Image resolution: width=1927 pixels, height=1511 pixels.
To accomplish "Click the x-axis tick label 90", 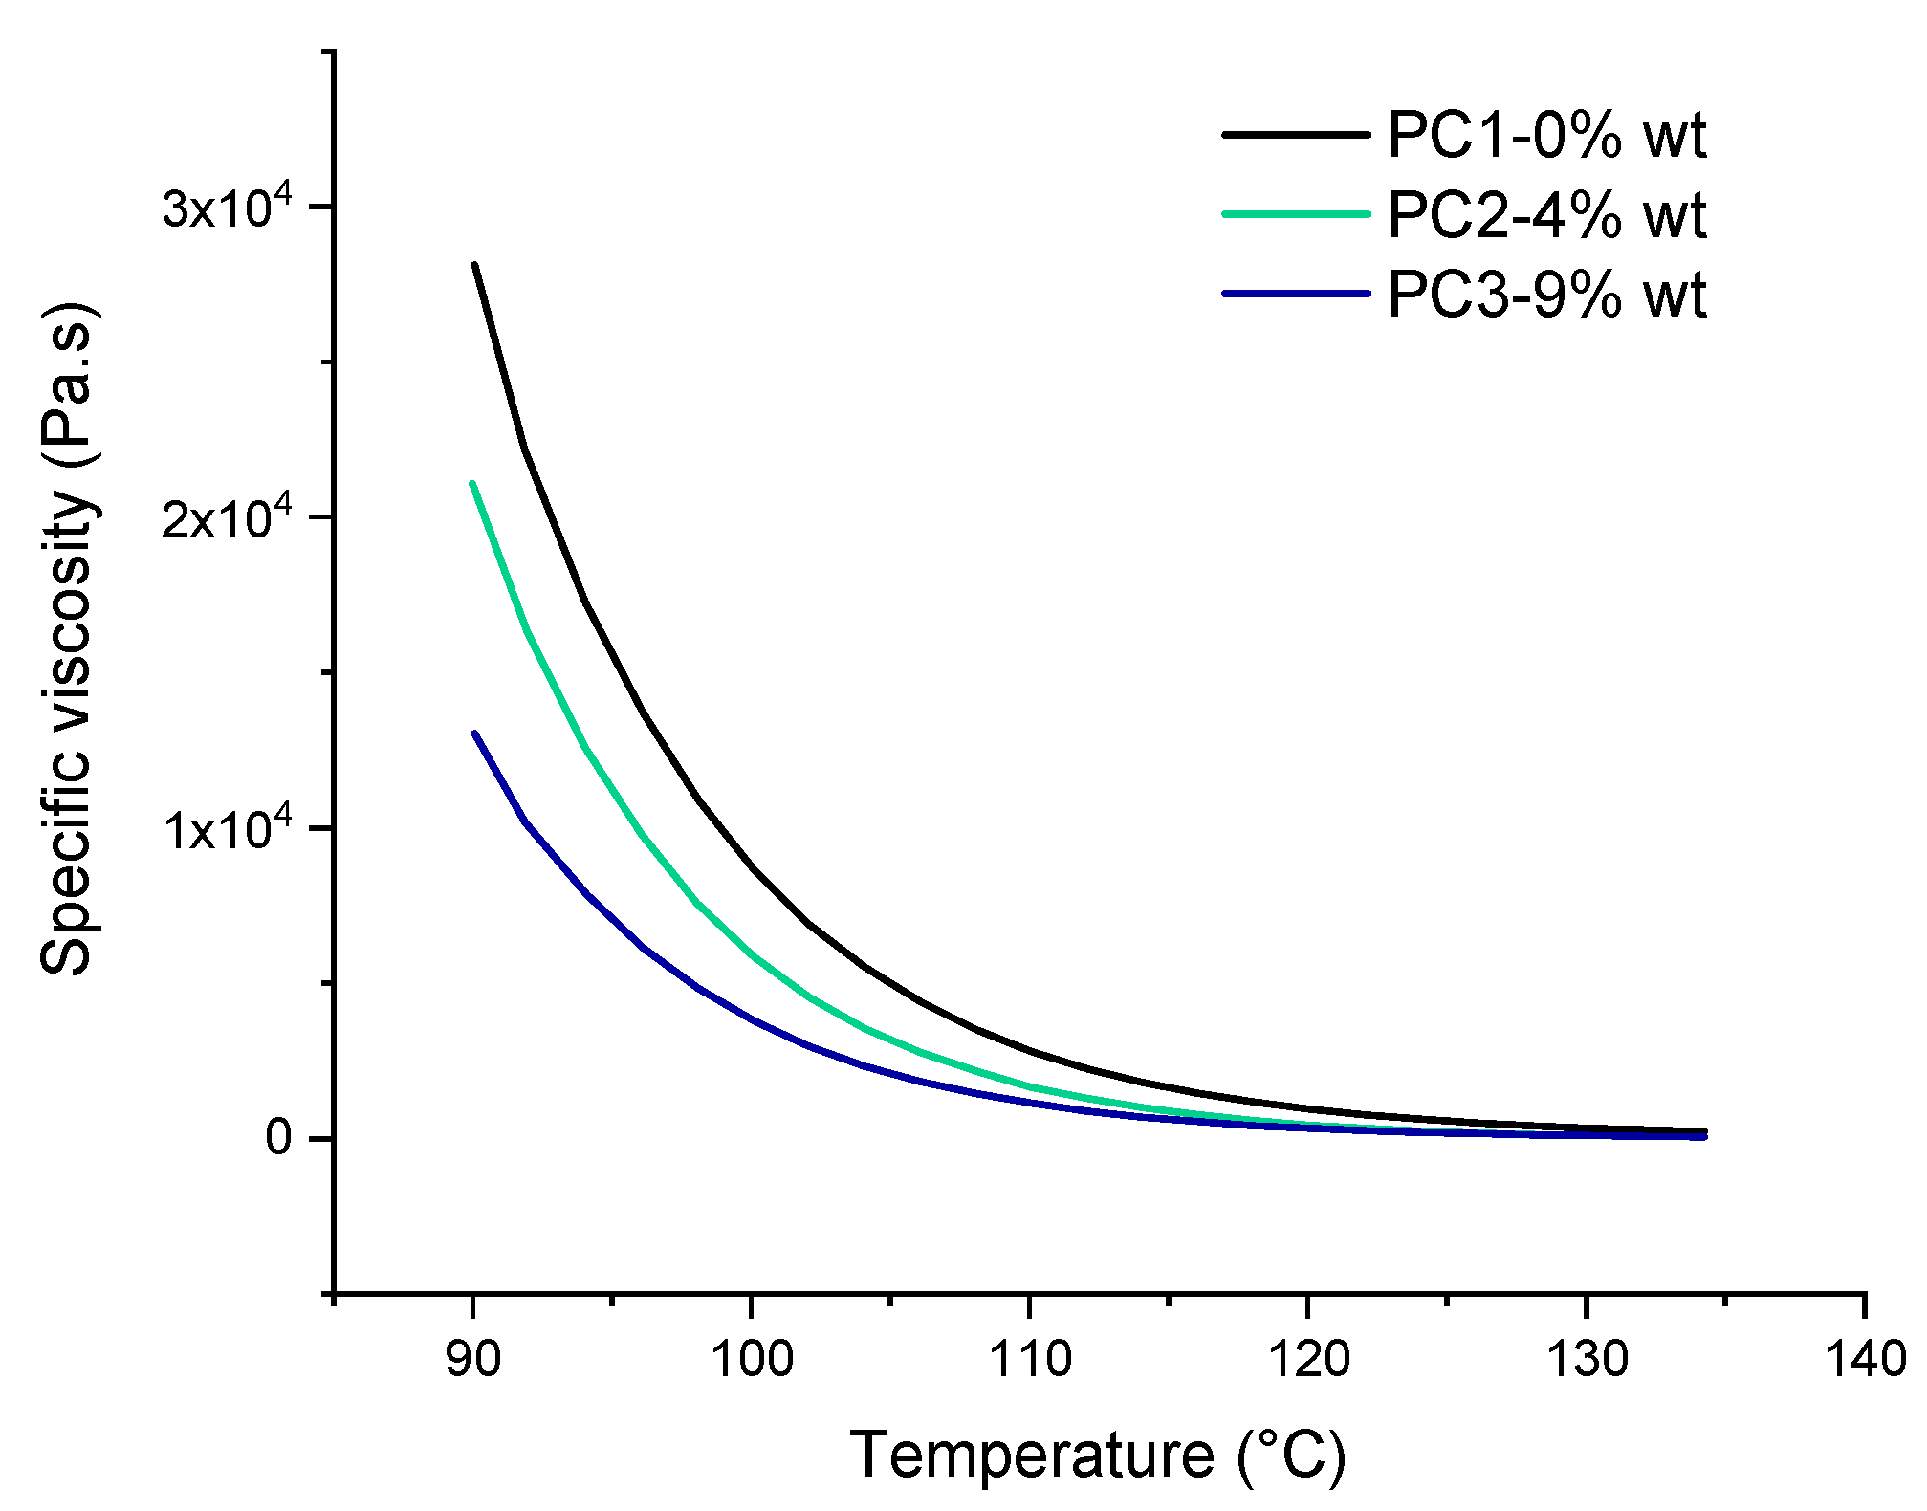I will (x=472, y=1359).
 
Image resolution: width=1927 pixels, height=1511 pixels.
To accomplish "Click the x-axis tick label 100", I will (x=752, y=1359).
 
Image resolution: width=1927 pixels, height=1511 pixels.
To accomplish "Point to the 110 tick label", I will (x=1030, y=1359).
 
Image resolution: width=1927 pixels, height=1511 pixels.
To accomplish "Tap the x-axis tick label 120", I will (x=1308, y=1359).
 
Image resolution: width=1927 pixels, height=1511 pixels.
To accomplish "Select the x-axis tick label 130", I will (x=1587, y=1359).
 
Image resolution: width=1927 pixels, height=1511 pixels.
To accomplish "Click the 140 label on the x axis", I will (x=1866, y=1359).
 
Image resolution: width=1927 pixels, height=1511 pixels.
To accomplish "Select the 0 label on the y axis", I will (x=279, y=1138).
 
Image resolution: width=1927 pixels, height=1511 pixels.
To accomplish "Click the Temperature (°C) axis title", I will (x=1098, y=1456).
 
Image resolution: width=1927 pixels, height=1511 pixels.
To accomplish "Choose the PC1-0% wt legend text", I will (x=1546, y=136).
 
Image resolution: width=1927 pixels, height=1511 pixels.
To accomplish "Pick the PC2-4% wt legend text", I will (x=1546, y=215).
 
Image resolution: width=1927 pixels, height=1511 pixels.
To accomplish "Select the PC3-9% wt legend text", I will (x=1546, y=295).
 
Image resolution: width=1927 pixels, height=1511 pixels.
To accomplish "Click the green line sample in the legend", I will (x=1296, y=214).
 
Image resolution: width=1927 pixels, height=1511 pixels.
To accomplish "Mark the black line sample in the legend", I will (x=1296, y=135).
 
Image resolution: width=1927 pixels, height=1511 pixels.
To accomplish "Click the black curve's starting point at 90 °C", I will (x=474, y=265).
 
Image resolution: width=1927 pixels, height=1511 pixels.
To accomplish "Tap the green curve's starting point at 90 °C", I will (x=472, y=484).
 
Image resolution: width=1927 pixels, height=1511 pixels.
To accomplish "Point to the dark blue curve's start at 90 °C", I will (x=474, y=734).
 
